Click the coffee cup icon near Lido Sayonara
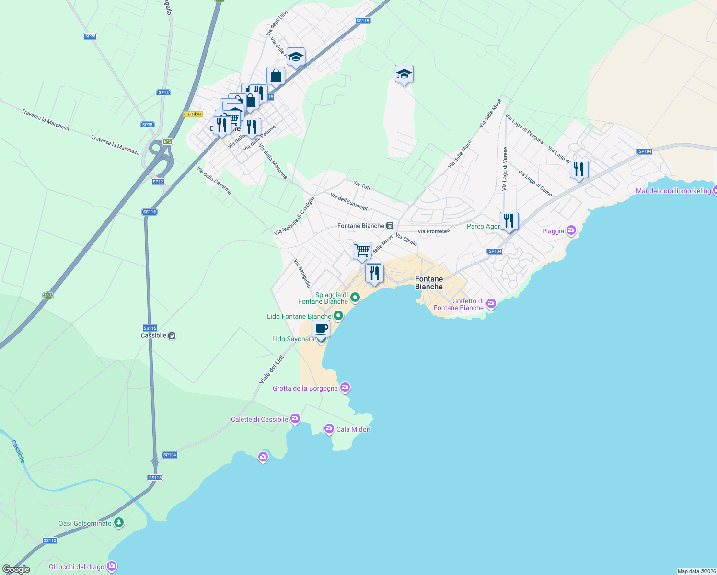[x=321, y=329]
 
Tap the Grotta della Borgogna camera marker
[x=345, y=388]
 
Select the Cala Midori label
[x=353, y=429]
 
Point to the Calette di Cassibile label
[x=259, y=419]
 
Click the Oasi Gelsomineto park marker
[x=119, y=523]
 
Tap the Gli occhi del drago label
[x=76, y=567]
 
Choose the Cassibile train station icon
[x=172, y=335]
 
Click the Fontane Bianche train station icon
[x=390, y=226]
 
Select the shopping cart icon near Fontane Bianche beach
[x=362, y=250]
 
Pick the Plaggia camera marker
[x=571, y=230]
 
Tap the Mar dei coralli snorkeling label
[x=673, y=191]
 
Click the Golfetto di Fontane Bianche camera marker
[x=491, y=304]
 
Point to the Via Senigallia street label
[x=302, y=273]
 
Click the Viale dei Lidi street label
[x=271, y=369]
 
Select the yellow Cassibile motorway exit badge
[x=193, y=114]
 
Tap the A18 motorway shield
[x=47, y=296]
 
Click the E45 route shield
[x=167, y=141]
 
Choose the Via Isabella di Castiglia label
[x=294, y=216]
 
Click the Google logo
[x=16, y=569]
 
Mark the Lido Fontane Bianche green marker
[x=338, y=316]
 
